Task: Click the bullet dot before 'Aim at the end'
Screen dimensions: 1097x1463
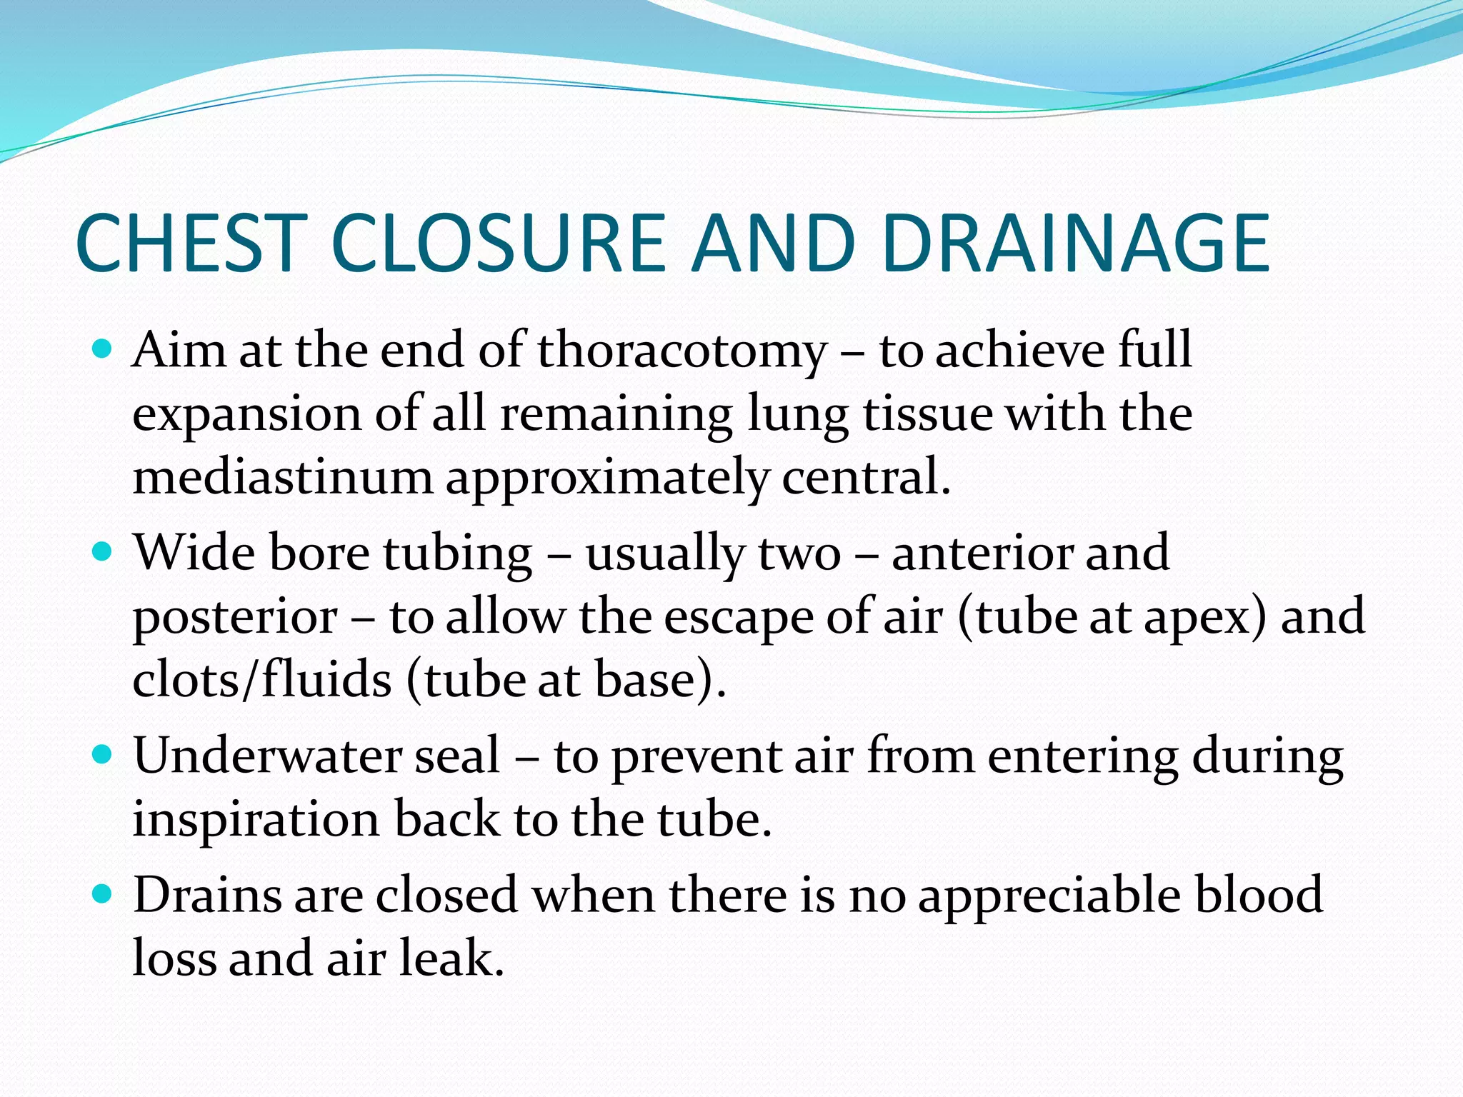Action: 103,349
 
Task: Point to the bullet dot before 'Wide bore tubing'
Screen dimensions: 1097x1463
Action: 103,552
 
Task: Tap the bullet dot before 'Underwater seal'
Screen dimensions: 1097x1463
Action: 103,755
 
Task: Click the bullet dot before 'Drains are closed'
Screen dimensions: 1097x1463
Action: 103,893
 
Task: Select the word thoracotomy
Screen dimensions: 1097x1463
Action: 682,351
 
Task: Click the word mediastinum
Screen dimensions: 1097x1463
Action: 283,477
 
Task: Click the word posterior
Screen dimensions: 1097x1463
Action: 235,617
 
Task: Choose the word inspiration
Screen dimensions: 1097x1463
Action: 256,819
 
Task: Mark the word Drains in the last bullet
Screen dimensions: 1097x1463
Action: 207,894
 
